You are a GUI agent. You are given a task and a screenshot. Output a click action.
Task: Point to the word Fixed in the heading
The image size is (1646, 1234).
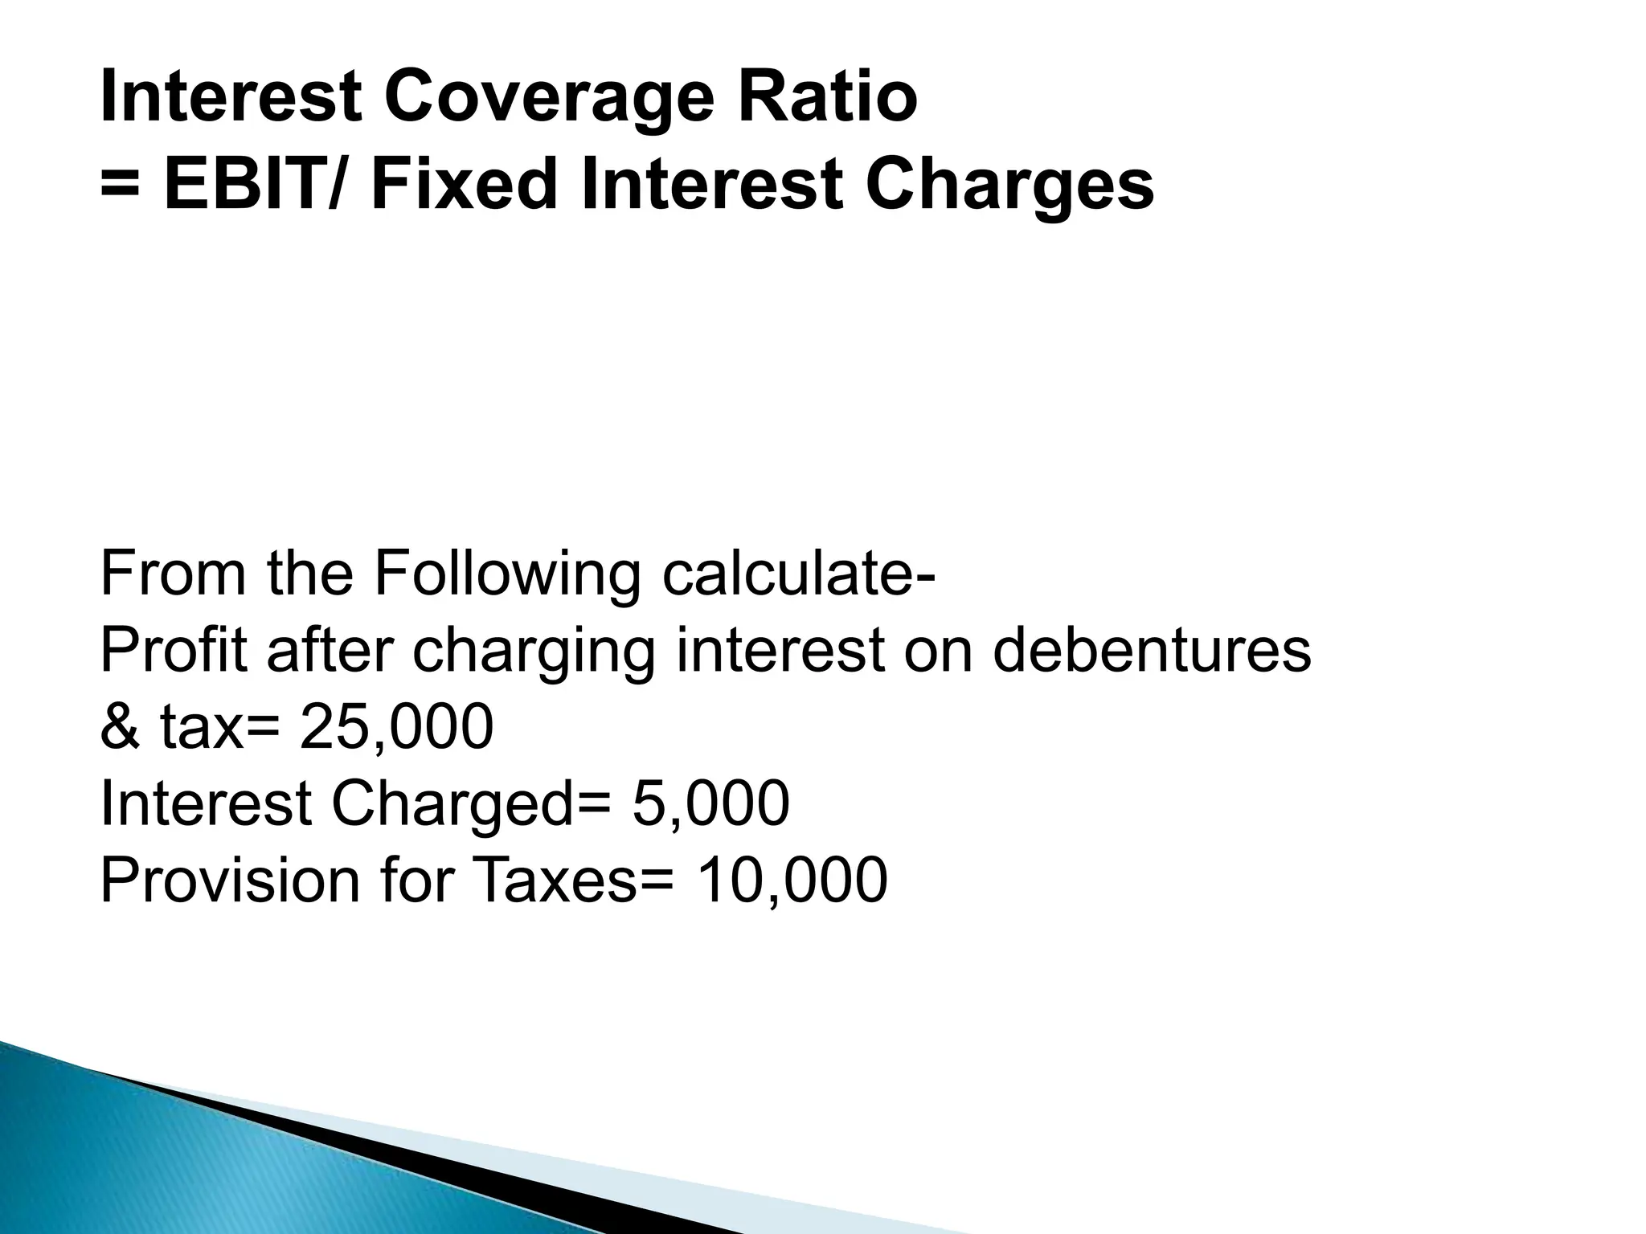[x=464, y=186]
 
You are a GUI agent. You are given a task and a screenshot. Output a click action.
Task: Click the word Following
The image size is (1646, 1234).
[x=507, y=575]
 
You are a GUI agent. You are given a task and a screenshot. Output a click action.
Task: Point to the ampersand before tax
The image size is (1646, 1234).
[x=121, y=727]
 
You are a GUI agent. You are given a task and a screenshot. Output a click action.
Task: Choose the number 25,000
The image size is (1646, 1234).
[x=396, y=727]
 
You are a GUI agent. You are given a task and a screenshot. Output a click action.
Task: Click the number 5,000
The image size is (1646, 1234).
[x=710, y=803]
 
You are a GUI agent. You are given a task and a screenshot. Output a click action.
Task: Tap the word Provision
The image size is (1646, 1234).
[x=229, y=880]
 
